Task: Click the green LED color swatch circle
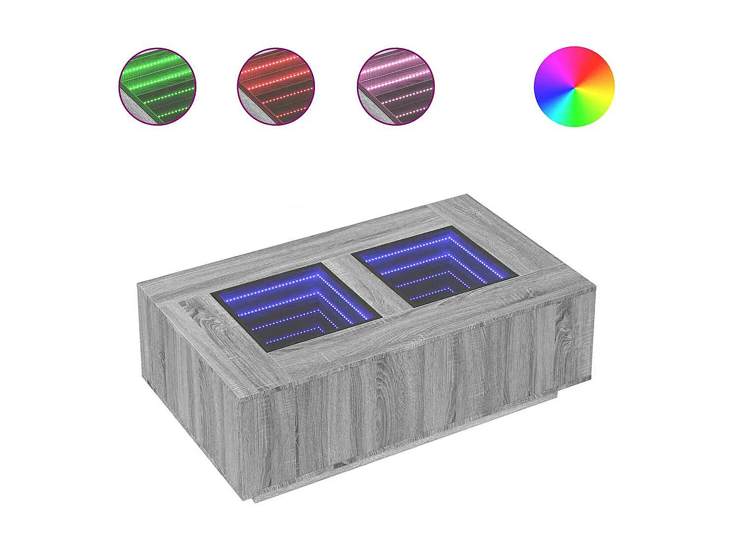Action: click(x=157, y=86)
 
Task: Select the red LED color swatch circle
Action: click(x=275, y=86)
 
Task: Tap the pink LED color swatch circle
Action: click(x=396, y=86)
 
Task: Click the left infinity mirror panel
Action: click(x=295, y=306)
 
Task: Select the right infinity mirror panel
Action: click(x=435, y=266)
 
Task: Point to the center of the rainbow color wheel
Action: click(x=574, y=87)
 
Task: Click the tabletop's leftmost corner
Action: click(x=139, y=283)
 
